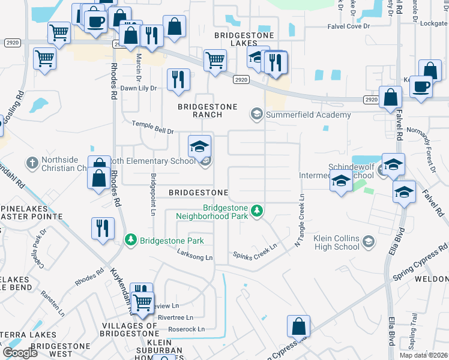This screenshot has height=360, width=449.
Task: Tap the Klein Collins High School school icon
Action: [x=369, y=242]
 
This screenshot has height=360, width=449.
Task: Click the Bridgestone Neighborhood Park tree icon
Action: [x=257, y=211]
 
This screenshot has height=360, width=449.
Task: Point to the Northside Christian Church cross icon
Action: [x=32, y=162]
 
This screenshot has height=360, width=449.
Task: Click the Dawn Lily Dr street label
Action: [x=139, y=88]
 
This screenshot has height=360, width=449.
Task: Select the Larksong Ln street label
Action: [x=193, y=257]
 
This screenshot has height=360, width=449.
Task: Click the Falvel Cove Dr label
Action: [x=348, y=26]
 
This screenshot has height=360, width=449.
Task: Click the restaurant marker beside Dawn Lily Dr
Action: [x=178, y=80]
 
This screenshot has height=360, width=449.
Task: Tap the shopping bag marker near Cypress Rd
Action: [x=298, y=328]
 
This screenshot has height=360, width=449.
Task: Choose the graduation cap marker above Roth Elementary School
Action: [x=199, y=146]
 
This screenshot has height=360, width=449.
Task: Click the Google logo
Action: [x=20, y=352]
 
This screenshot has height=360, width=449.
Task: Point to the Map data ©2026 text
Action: [x=424, y=355]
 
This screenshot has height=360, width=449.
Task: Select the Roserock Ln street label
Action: [x=186, y=329]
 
